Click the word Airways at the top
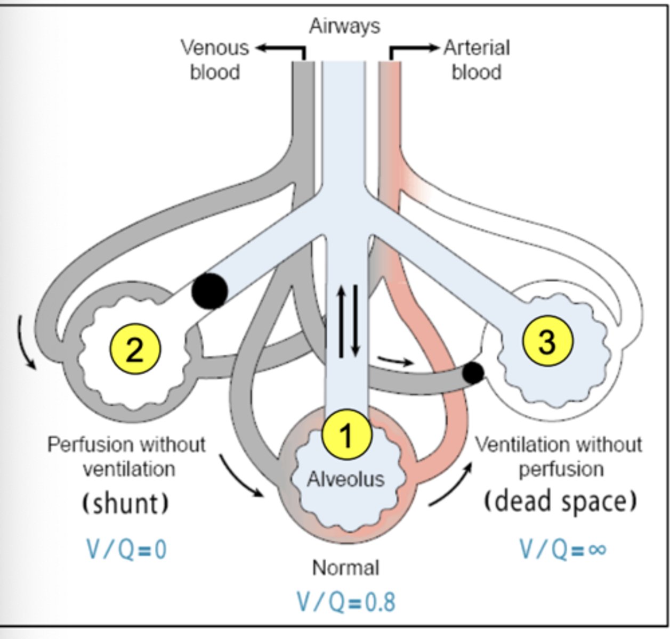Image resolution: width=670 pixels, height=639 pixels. (345, 26)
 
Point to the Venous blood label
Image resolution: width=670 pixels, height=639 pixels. (215, 59)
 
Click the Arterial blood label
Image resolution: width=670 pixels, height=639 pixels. (477, 59)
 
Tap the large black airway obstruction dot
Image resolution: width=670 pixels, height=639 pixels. (209, 291)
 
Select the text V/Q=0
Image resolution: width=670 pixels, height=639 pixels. (127, 549)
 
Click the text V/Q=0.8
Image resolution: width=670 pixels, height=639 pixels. (346, 602)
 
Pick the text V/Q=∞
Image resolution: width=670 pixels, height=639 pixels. (563, 549)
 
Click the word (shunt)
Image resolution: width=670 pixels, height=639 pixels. (126, 503)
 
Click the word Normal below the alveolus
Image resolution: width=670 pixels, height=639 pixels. (345, 568)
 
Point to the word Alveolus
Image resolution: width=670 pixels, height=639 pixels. (345, 479)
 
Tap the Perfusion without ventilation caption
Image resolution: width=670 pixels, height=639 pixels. (127, 456)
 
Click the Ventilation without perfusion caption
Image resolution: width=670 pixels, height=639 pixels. (559, 456)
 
